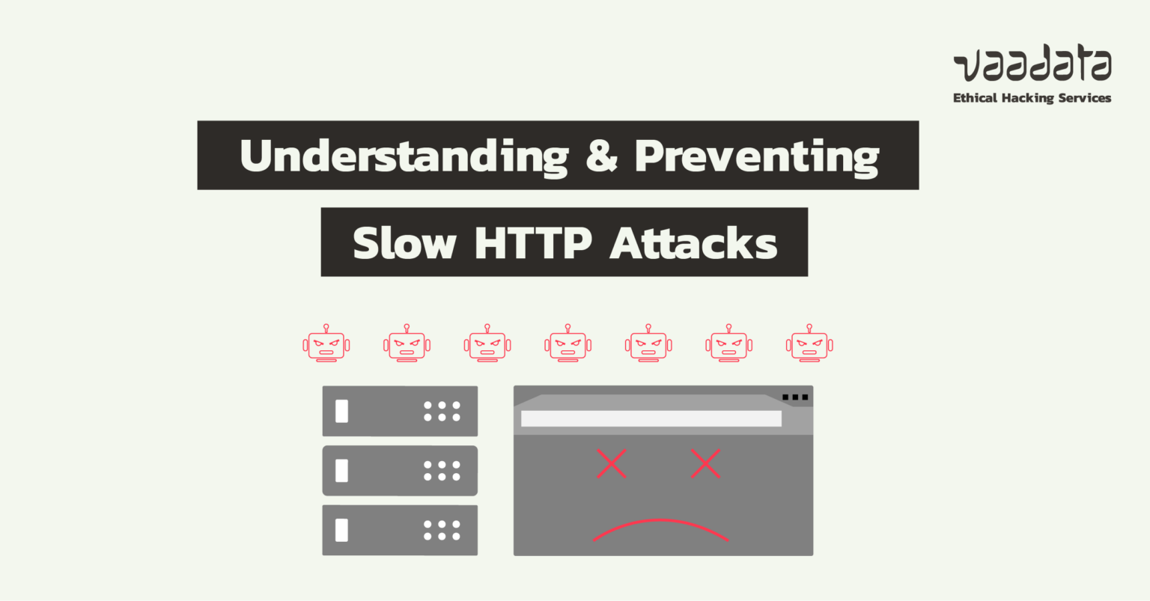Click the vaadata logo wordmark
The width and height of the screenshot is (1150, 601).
pos(1032,66)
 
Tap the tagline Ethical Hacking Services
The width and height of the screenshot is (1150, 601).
pos(1032,98)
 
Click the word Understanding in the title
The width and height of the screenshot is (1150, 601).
pos(404,156)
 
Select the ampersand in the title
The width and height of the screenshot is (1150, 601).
pos(601,156)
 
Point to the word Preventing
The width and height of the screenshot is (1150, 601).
pos(756,156)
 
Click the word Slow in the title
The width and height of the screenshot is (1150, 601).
pos(404,242)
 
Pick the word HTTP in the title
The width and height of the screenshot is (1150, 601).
pos(532,242)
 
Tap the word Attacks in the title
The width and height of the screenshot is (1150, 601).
pos(693,242)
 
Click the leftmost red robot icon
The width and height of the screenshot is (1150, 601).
pos(326,344)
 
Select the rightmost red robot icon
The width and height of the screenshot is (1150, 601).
pos(809,344)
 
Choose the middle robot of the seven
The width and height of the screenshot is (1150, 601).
pos(568,344)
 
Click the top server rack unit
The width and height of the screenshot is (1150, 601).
pos(400,411)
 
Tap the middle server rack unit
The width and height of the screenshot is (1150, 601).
pos(400,471)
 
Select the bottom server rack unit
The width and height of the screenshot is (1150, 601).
pos(400,530)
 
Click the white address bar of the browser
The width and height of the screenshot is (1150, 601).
pos(651,418)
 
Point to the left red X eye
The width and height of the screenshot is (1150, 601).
pos(612,464)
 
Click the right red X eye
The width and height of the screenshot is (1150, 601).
pos(705,464)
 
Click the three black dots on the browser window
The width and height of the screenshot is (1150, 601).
pos(795,397)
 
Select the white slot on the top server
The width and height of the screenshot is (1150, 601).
pos(342,411)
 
